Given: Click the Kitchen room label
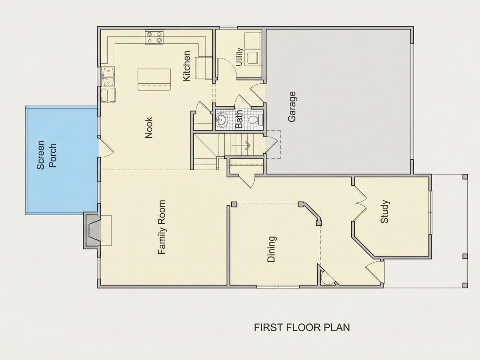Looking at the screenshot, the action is [186, 66].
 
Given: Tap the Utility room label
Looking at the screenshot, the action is [239, 57].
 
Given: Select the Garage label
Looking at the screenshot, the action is [292, 106].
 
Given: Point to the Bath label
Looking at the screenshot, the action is [239, 120].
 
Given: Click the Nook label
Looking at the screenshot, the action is [149, 128].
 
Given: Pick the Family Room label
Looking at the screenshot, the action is [161, 227].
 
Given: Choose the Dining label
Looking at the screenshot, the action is [271, 249].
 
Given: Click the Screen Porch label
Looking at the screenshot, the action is [47, 154].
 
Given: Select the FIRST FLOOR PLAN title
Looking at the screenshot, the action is [302, 327].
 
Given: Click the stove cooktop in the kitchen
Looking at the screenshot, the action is [154, 37].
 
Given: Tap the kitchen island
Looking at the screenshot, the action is [154, 79].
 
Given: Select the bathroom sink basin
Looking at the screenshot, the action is [221, 120].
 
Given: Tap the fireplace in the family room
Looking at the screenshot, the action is [92, 230].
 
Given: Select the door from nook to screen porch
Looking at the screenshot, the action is [106, 148].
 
